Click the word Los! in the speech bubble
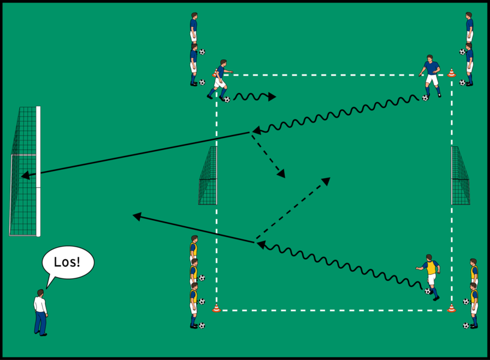click(68, 262)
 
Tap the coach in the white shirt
click(40, 312)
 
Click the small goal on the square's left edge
click(208, 175)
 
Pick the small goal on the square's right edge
click(460, 175)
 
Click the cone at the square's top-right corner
click(452, 73)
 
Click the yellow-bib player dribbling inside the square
click(430, 275)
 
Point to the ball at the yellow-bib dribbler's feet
click(428, 292)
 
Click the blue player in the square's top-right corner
click(431, 75)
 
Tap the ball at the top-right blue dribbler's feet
click(425, 97)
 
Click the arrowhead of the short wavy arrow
click(273, 96)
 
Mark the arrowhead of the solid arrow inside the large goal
click(25, 176)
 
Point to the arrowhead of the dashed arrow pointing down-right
click(281, 175)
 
